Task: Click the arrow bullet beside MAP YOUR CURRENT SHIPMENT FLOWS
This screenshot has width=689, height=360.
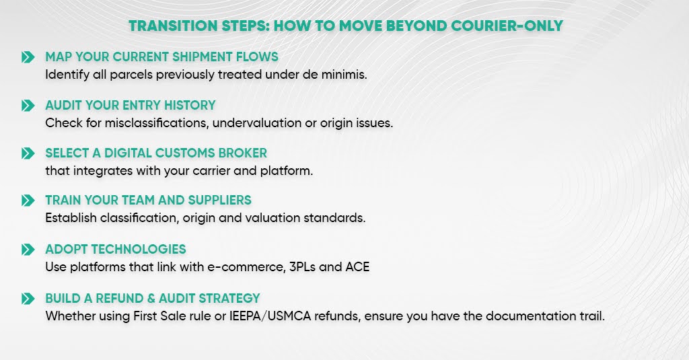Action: point(28,57)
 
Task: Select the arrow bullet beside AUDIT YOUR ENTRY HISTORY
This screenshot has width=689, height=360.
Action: point(28,106)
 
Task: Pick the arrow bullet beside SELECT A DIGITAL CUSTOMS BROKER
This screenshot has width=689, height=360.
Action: point(28,153)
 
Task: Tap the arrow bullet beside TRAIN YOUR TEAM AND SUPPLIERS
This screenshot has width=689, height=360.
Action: point(28,201)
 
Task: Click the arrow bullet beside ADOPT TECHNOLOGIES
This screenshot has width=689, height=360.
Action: point(28,250)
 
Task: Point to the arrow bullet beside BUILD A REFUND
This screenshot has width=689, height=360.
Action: point(28,299)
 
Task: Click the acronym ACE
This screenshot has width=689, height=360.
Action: point(357,266)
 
